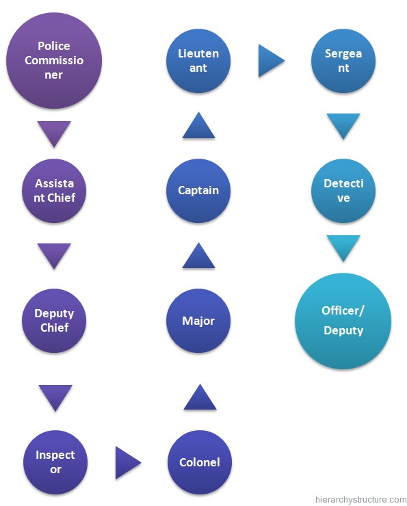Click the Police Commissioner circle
[54, 60]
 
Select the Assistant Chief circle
[54, 190]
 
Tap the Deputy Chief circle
[54, 321]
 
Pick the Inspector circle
[55, 462]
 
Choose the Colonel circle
[200, 462]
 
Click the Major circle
[198, 321]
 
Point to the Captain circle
[198, 190]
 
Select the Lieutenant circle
[198, 61]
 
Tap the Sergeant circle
[343, 61]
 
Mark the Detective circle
[343, 190]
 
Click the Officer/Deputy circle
[343, 321]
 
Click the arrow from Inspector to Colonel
[128, 462]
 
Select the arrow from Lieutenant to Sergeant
[272, 61]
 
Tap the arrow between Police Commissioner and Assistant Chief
[54, 134]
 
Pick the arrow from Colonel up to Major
[200, 397]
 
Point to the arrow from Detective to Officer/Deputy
[343, 248]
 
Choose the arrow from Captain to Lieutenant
[198, 125]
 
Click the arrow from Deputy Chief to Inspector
[55, 398]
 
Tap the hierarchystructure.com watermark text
[360, 500]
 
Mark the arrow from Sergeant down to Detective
[343, 126]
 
